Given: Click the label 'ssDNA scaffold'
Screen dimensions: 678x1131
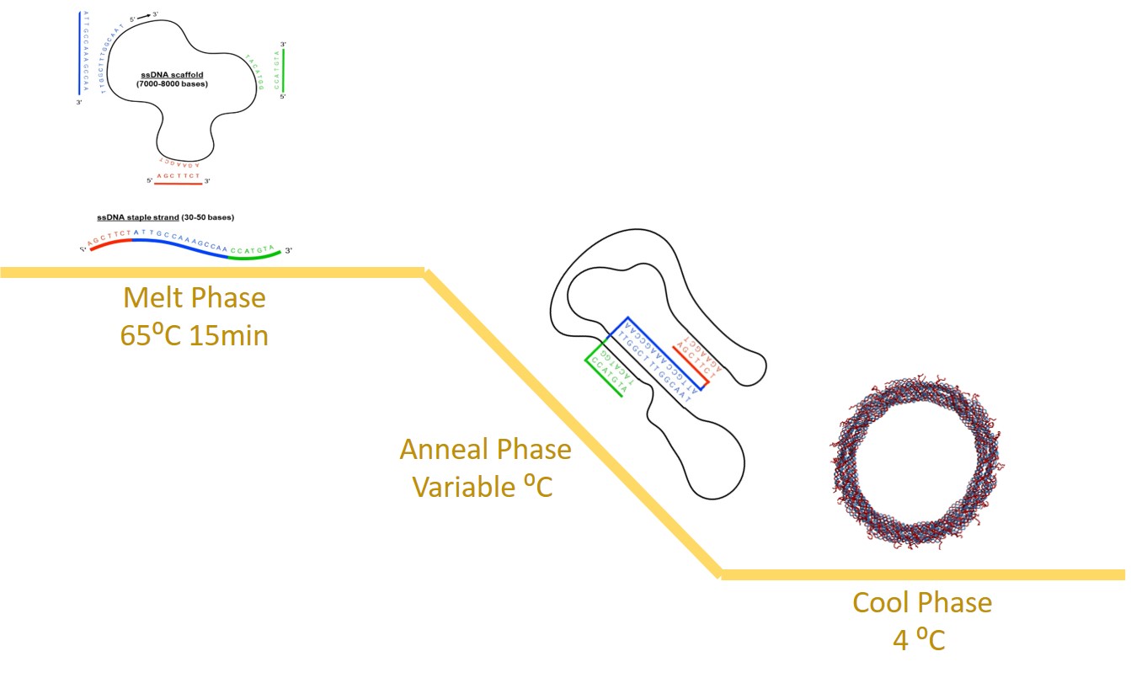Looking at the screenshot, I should pyautogui.click(x=172, y=75).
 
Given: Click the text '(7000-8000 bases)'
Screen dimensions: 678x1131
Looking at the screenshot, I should pyautogui.click(x=172, y=84).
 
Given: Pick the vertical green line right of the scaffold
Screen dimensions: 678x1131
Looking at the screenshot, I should pyautogui.click(x=284, y=70).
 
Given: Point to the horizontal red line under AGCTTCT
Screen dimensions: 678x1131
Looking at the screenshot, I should pyautogui.click(x=178, y=182).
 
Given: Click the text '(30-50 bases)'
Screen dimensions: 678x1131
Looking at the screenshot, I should pyautogui.click(x=207, y=217).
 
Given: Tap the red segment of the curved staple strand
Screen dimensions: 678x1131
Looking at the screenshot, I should pyautogui.click(x=110, y=243).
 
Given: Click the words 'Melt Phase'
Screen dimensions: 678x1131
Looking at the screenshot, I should pyautogui.click(x=194, y=298).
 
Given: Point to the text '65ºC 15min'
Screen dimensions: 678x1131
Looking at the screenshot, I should pyautogui.click(x=194, y=335).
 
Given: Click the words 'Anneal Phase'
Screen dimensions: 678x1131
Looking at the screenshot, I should pyautogui.click(x=485, y=449).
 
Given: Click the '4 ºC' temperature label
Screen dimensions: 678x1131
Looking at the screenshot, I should pyautogui.click(x=919, y=640).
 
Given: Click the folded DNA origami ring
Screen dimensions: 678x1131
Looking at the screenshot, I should pyautogui.click(x=915, y=464).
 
